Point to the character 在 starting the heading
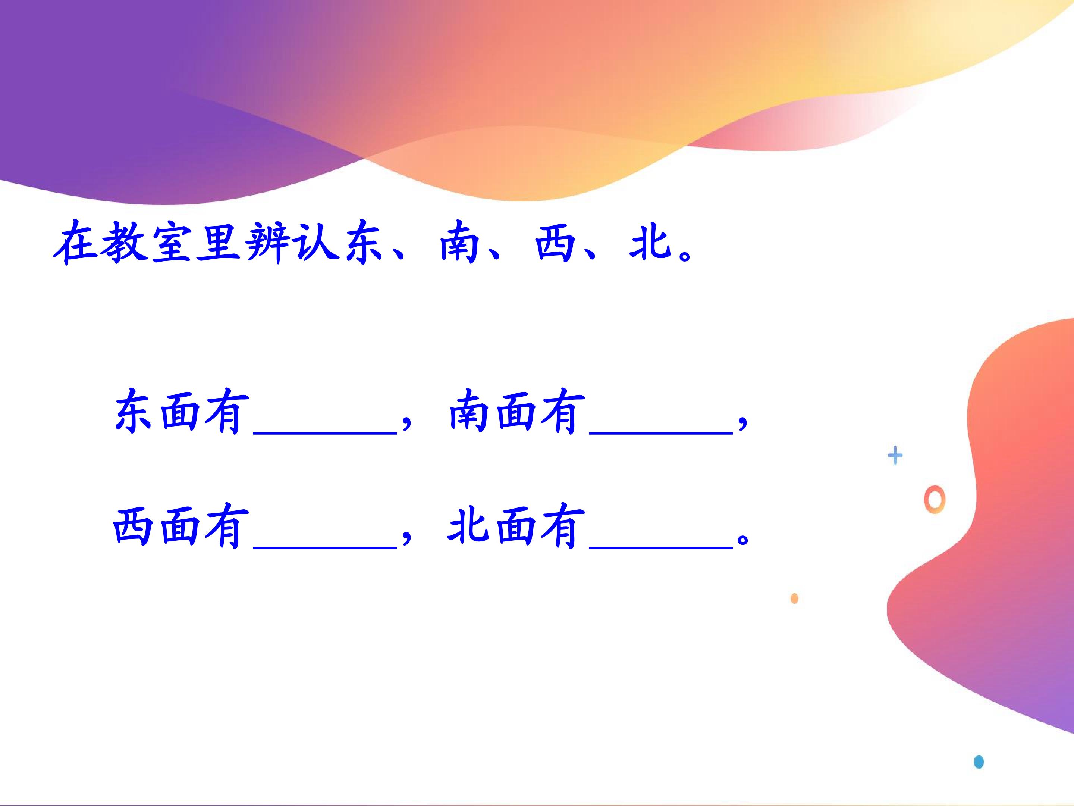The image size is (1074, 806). (x=76, y=243)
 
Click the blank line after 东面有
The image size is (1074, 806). (x=325, y=433)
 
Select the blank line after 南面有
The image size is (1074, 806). (x=661, y=433)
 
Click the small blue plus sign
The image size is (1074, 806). (x=895, y=456)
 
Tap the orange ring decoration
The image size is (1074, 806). (x=935, y=499)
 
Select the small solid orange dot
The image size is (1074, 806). (x=794, y=599)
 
